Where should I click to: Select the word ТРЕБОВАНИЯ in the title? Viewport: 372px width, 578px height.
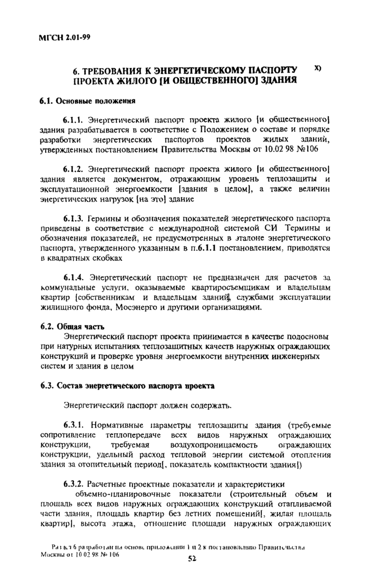(109, 71)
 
